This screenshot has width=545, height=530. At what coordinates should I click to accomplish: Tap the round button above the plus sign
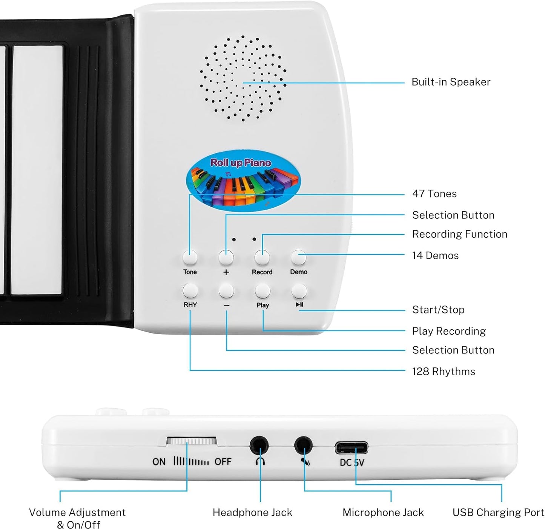click(x=226, y=257)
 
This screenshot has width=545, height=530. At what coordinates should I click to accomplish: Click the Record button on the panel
click(x=262, y=257)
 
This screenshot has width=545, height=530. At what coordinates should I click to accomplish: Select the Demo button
click(x=299, y=257)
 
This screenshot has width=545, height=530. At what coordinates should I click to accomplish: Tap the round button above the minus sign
click(x=226, y=291)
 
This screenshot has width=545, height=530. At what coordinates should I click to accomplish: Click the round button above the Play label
click(x=263, y=291)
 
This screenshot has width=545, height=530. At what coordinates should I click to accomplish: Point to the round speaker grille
click(x=243, y=79)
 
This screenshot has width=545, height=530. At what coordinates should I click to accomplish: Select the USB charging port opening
click(x=352, y=448)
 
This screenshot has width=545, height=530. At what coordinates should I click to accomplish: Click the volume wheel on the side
click(x=192, y=441)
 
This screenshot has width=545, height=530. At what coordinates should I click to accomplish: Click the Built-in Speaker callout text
click(x=451, y=82)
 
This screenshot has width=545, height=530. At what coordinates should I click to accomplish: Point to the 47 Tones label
click(x=434, y=194)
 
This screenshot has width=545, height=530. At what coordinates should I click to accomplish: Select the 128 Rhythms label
click(x=443, y=372)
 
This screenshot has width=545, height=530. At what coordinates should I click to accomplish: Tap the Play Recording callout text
click(x=449, y=331)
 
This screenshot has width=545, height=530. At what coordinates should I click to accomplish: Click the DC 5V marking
click(x=352, y=462)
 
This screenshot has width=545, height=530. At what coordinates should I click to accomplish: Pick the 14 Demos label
click(x=435, y=256)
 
